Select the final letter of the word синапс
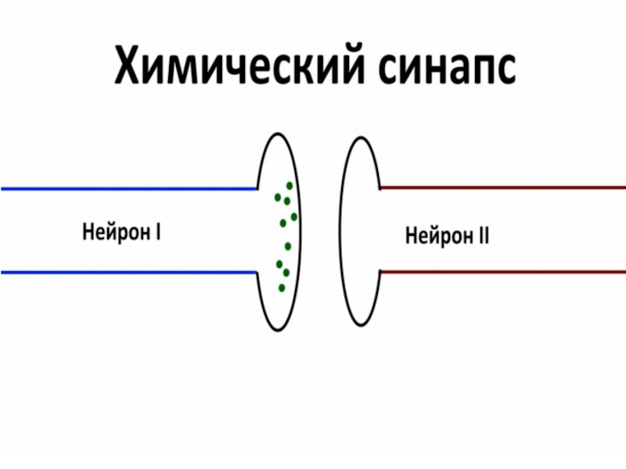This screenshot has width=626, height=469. coord(504,70)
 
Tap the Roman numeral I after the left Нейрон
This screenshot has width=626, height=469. coord(158,232)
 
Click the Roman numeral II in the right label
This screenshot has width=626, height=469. coord(483,234)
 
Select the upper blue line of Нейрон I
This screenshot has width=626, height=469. coord(125,188)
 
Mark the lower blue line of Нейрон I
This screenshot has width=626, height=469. coord(125,272)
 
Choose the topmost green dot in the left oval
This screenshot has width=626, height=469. coord(290,185)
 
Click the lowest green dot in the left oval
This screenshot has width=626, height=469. coord(282,288)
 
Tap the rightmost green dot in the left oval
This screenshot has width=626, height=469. coord(294,217)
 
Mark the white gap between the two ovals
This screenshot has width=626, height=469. coord(321,231)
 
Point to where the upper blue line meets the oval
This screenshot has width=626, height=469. coord(258,188)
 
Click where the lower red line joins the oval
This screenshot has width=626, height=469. coord(380,271)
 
